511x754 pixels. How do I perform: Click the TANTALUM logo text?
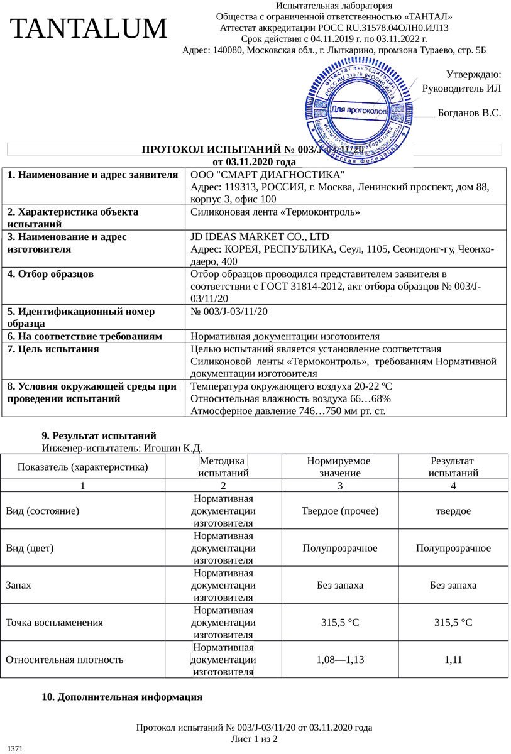(89, 30)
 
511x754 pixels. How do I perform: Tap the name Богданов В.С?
(470, 113)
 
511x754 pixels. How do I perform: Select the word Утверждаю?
(473, 75)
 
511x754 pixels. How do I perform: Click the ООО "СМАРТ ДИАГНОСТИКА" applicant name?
(268, 174)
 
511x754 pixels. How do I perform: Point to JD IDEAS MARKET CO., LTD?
(260, 237)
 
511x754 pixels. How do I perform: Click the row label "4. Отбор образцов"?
(50, 274)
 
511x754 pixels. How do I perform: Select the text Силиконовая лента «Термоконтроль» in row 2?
(275, 212)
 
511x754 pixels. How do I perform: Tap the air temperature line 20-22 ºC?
(291, 386)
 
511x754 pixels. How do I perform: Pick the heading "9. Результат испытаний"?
(99, 435)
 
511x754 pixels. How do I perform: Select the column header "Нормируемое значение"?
(339, 467)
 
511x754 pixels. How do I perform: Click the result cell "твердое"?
(453, 511)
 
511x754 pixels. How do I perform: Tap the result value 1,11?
(453, 660)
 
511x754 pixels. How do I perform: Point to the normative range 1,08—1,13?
(339, 660)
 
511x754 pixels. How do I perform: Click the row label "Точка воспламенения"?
(54, 623)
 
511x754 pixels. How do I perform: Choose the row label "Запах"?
(19, 586)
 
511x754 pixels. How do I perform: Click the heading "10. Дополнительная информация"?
(122, 697)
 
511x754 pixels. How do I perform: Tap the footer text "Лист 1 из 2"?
(255, 739)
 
